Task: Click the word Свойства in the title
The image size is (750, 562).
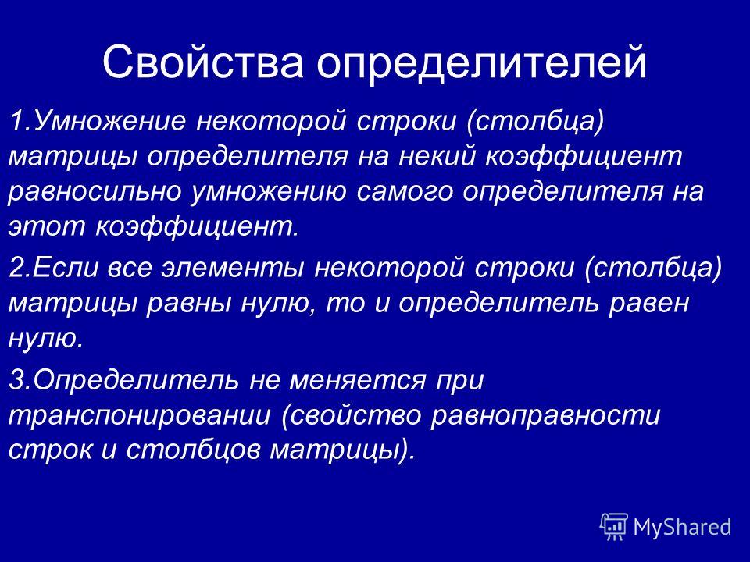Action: [x=203, y=62]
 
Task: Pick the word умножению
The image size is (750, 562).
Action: [x=268, y=192]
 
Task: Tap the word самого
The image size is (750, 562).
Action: [x=405, y=192]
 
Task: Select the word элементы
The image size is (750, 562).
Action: [x=233, y=267]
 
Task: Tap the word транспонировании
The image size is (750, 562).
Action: [x=140, y=416]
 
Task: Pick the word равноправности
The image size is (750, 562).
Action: [x=545, y=416]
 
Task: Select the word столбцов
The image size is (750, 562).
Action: [x=193, y=450]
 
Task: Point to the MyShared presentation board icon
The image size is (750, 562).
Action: [x=614, y=527]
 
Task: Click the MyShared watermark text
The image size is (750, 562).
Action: [x=682, y=528]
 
